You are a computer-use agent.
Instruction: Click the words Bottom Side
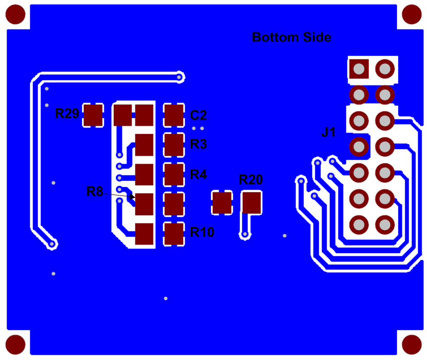[x=291, y=37]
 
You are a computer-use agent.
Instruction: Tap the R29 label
[x=67, y=114]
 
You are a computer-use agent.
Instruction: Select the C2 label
[x=198, y=115]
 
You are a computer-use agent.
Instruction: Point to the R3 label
[x=199, y=144]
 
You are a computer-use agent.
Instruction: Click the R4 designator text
[x=199, y=174]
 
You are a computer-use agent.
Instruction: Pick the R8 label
[x=95, y=191]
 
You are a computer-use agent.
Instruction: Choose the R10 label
[x=202, y=232]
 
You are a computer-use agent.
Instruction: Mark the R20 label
[x=251, y=180]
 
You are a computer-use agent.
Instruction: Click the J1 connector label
[x=328, y=133]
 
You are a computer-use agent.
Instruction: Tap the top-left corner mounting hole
[x=15, y=14]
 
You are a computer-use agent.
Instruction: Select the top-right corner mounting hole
[x=412, y=14]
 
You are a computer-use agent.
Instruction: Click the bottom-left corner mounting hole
[x=15, y=345]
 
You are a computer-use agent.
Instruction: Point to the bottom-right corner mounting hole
[x=412, y=345]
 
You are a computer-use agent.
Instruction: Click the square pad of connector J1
[x=359, y=69]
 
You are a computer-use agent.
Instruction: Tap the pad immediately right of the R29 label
[x=93, y=115]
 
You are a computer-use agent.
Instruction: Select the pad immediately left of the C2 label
[x=174, y=115]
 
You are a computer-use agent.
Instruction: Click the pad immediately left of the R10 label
[x=174, y=234]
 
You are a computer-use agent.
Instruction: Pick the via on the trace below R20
[x=245, y=234]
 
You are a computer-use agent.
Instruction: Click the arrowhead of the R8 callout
[x=133, y=197]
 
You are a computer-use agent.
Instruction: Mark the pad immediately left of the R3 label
[x=174, y=145]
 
